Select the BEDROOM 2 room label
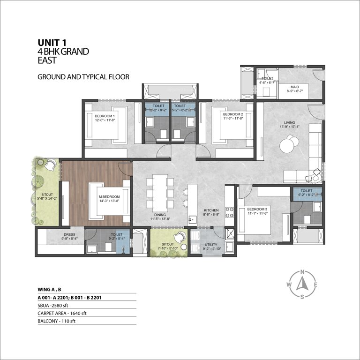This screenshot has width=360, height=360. [233, 114]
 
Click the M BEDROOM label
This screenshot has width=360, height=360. [109, 197]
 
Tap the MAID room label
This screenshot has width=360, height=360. [294, 87]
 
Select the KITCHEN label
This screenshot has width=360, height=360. [211, 210]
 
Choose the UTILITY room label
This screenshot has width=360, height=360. [210, 245]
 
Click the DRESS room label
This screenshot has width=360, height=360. [70, 234]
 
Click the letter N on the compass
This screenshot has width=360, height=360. [303, 272]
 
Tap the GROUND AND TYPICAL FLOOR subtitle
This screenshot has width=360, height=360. [83, 76]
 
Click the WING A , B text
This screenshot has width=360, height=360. [50, 289]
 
